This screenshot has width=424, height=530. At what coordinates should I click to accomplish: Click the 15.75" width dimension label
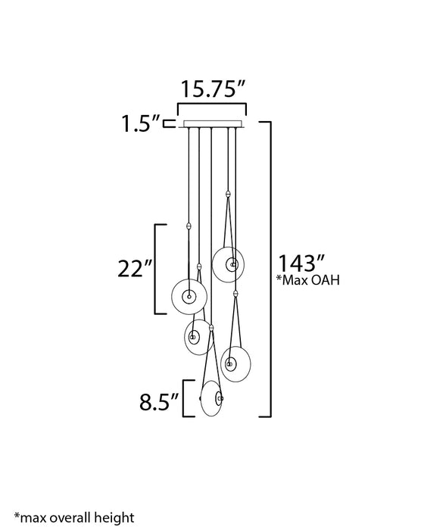[213, 89]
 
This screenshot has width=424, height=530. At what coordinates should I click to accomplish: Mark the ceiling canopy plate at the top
[213, 123]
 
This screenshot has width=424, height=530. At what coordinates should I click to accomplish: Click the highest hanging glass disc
[229, 263]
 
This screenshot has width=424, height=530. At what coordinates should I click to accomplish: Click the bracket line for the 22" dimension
[156, 269]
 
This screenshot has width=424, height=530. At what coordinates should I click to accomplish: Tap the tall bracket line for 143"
[270, 269]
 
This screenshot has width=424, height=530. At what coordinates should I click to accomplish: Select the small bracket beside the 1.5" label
[171, 123]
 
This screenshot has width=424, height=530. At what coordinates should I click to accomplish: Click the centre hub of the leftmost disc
[189, 296]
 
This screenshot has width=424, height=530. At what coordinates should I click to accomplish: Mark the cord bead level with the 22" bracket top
[187, 226]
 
